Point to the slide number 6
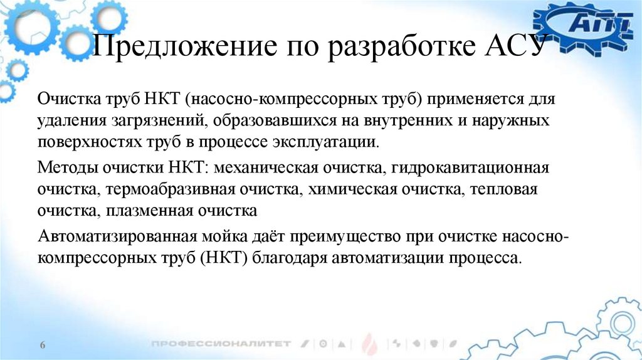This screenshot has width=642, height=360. click(43, 346)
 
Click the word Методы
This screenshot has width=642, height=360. click(65, 169)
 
